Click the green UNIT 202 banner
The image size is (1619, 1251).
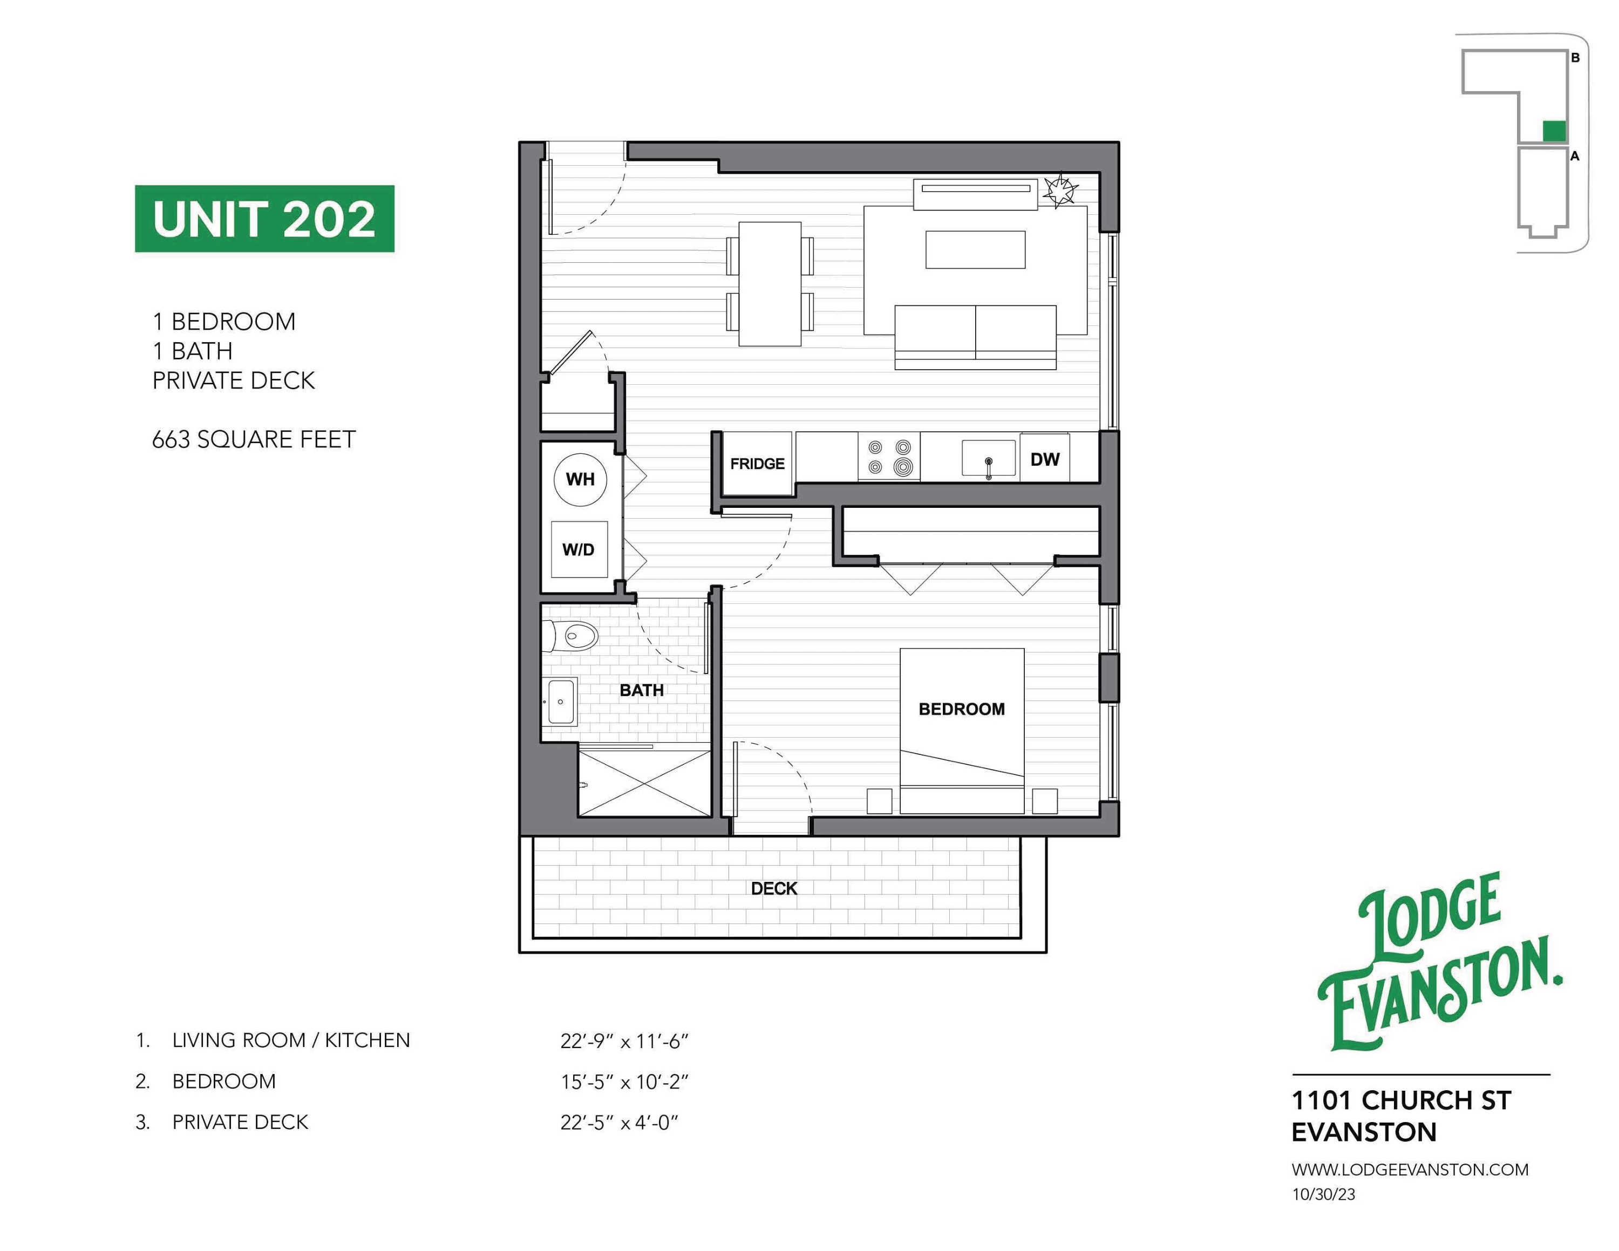click(x=264, y=219)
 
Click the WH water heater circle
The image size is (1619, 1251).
click(x=581, y=479)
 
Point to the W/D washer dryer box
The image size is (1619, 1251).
click(x=579, y=549)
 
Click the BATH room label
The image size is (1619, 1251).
click(x=641, y=690)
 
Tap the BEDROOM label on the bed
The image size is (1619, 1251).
click(x=962, y=709)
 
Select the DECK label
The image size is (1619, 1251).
click(x=774, y=888)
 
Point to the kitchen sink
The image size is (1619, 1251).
click(x=989, y=457)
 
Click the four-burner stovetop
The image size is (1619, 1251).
click(x=889, y=457)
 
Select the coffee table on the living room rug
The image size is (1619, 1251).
click(x=975, y=249)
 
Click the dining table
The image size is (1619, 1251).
click(x=770, y=284)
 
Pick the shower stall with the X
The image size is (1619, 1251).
click(x=644, y=783)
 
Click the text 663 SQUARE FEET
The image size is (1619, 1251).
click(x=254, y=439)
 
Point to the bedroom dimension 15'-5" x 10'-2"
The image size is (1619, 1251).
click(x=624, y=1082)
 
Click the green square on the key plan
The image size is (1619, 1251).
click(x=1554, y=131)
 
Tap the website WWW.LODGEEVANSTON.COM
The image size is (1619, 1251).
click(x=1410, y=1170)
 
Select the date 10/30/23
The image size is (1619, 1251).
click(x=1323, y=1195)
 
